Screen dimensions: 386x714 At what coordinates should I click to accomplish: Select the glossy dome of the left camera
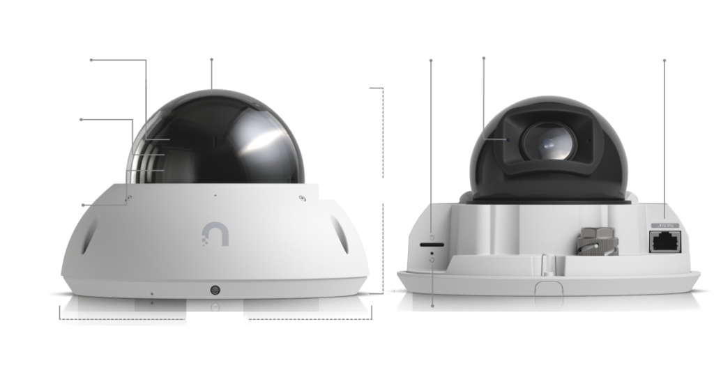[x=216, y=139]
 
